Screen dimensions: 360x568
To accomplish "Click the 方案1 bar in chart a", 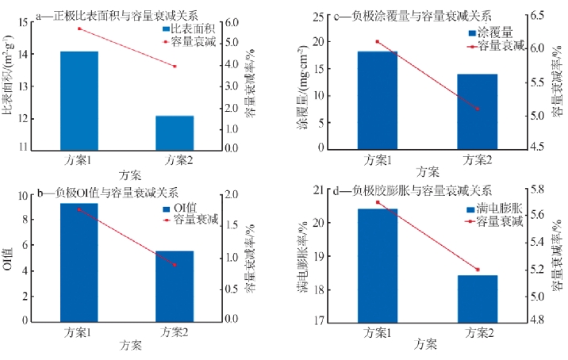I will (x=79, y=99).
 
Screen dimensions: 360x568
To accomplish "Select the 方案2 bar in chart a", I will (x=175, y=132).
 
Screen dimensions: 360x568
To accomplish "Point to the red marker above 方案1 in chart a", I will (x=79, y=29).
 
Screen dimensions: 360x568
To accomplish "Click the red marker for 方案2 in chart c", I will (x=477, y=109).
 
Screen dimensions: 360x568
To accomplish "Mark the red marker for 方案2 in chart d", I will (x=477, y=270).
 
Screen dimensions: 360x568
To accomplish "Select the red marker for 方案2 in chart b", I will (x=175, y=265).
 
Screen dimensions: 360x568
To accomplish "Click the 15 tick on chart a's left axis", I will (x=21, y=22).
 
